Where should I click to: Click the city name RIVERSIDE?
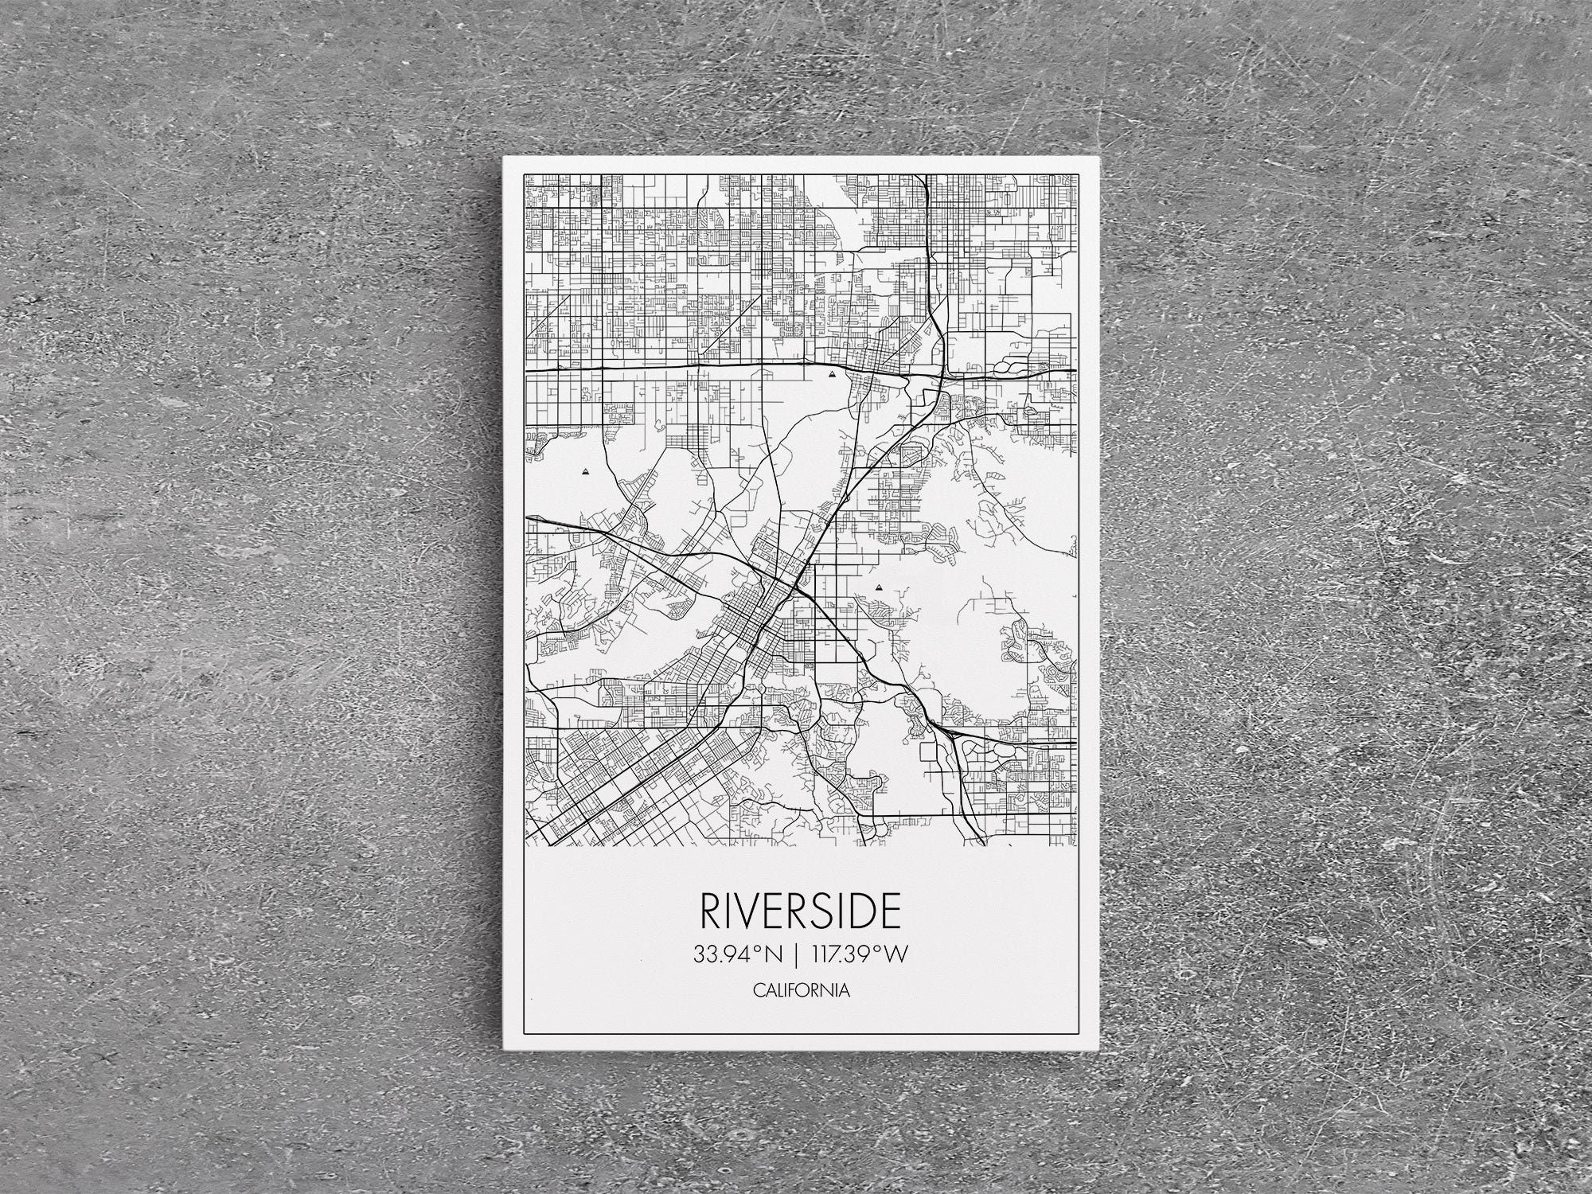point(800,911)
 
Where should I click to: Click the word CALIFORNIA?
point(800,991)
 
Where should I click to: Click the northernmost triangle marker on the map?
point(832,373)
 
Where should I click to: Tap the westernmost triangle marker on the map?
point(587,471)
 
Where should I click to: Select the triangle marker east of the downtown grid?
point(879,587)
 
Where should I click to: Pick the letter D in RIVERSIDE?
point(864,911)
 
